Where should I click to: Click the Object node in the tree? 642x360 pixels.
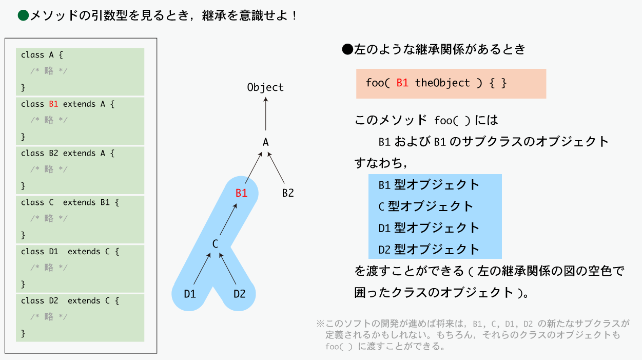coord(265,87)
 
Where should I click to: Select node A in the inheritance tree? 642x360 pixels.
coord(266,142)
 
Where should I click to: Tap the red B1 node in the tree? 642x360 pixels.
coord(241,193)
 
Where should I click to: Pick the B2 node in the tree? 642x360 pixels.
coord(288,193)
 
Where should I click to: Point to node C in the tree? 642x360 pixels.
coord(215,244)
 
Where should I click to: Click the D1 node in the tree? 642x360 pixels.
coord(190,294)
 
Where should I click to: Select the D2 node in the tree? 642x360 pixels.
coord(239,294)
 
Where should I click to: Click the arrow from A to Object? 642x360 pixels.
coord(266,114)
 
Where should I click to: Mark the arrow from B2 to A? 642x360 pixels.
coord(276,168)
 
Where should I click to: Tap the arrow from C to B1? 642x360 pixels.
coord(228,219)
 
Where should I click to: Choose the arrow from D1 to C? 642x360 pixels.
coord(202,269)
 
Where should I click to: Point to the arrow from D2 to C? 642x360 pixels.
coord(227,269)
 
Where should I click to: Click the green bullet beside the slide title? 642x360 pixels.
coord(23,15)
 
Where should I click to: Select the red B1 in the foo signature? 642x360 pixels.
coord(402,83)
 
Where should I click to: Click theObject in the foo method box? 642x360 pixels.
coord(442,83)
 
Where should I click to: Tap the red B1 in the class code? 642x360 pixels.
coord(53,104)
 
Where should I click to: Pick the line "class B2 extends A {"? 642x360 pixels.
coord(68,153)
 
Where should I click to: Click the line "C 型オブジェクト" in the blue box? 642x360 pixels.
coord(425,206)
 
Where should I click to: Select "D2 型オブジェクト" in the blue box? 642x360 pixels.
coord(429,250)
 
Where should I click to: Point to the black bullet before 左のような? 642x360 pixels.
coord(347,49)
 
